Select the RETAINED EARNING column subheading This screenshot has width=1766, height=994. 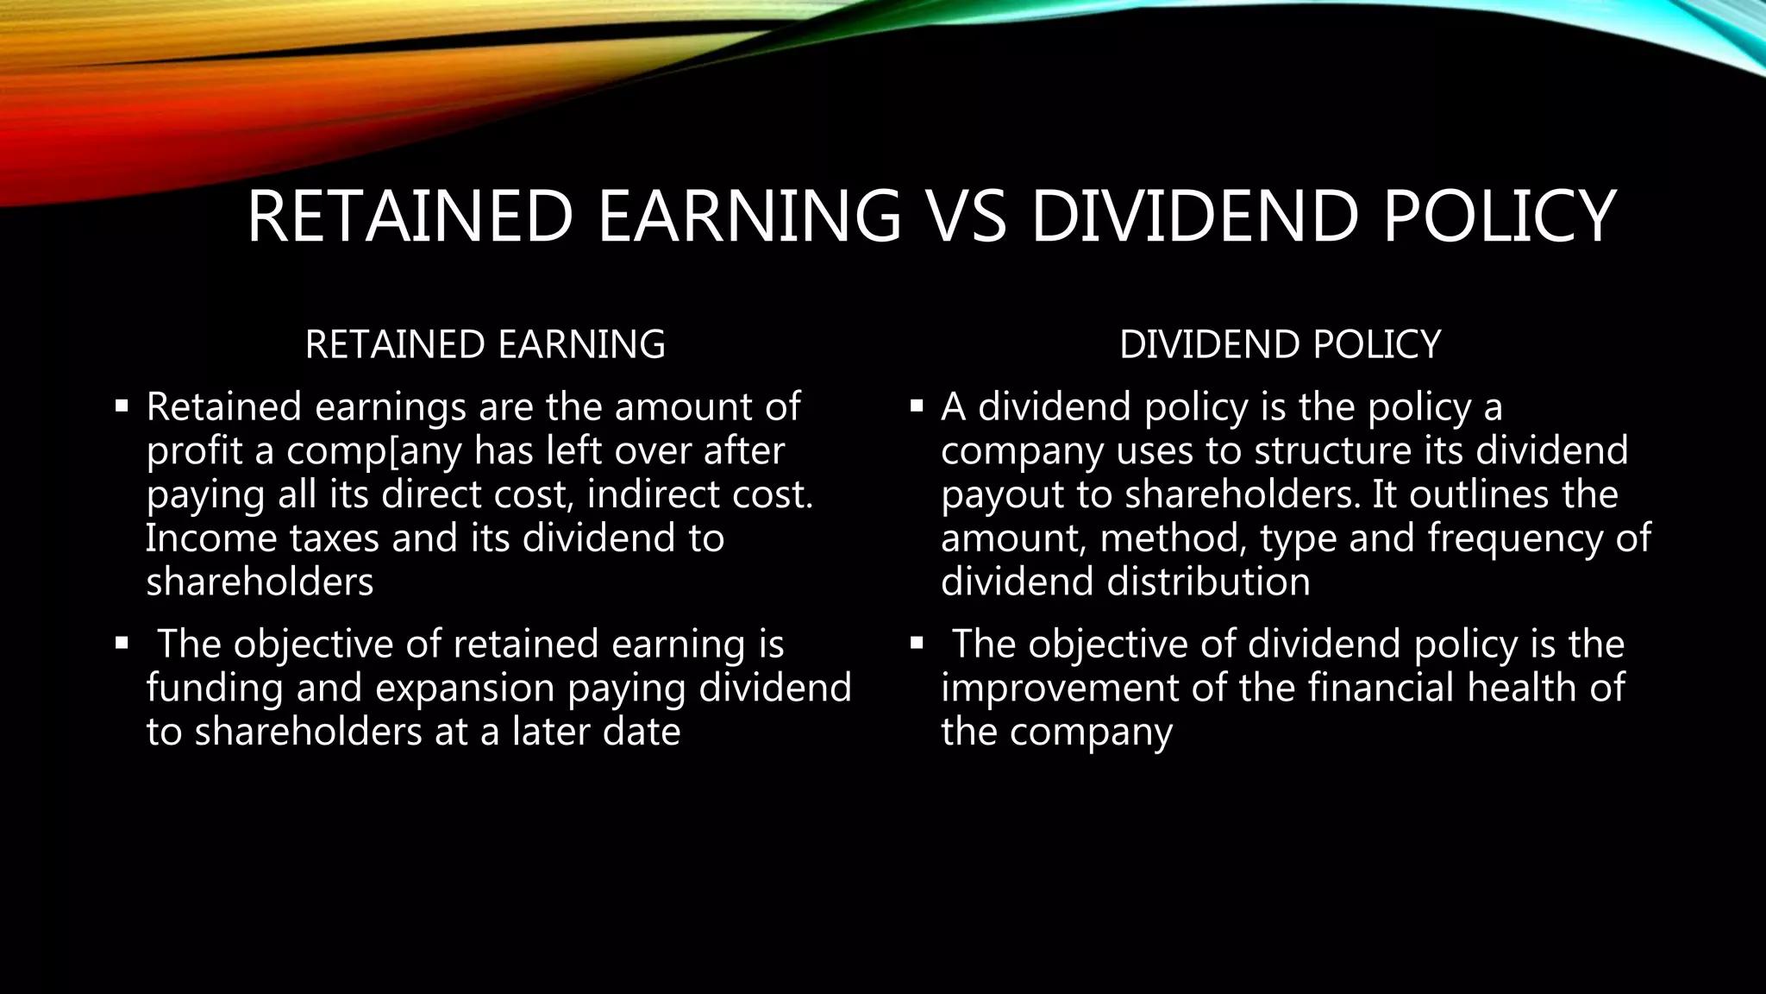pyautogui.click(x=485, y=344)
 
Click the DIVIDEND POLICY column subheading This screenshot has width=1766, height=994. pyautogui.click(x=1280, y=344)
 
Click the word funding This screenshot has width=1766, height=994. pyautogui.click(x=215, y=689)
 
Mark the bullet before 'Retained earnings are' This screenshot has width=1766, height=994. pyautogui.click(x=122, y=405)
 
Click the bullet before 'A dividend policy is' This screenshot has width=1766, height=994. pyautogui.click(x=917, y=405)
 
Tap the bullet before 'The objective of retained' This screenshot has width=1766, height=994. pyautogui.click(x=122, y=643)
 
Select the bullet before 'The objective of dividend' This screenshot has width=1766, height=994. pyautogui.click(x=917, y=643)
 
